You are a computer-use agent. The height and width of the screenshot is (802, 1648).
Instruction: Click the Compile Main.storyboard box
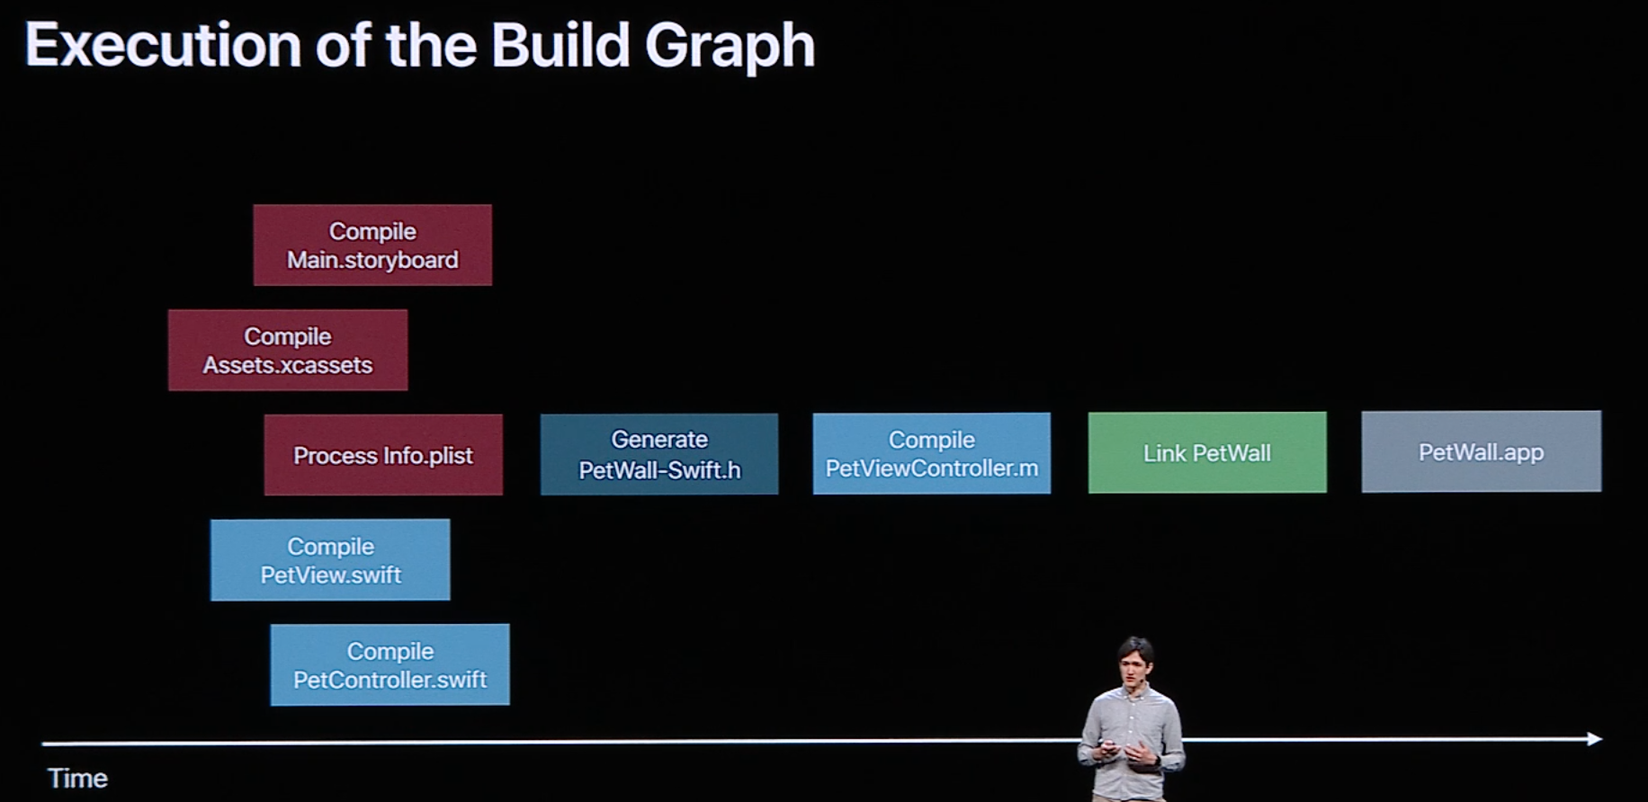tap(372, 245)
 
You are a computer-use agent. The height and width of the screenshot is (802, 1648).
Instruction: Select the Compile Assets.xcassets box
tap(288, 350)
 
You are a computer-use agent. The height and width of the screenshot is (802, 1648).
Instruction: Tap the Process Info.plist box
tap(383, 455)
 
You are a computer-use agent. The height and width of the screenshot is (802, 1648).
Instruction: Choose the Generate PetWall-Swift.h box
tap(659, 454)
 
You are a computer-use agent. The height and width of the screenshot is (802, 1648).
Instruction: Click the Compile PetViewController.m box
tap(932, 453)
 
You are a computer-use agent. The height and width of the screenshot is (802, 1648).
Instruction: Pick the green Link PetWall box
tap(1207, 452)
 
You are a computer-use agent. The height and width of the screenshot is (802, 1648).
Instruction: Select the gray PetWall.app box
tap(1481, 451)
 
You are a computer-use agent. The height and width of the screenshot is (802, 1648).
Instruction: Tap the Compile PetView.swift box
tap(330, 559)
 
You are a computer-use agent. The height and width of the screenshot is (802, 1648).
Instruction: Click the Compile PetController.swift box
tap(390, 664)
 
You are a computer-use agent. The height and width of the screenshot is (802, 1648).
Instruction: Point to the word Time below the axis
tap(77, 778)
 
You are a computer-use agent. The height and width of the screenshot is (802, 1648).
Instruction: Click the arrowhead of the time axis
tap(1595, 739)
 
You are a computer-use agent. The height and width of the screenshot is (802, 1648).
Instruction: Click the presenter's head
tap(1134, 662)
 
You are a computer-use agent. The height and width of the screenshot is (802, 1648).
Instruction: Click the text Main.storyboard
tap(372, 260)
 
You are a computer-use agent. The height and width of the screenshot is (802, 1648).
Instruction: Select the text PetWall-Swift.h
tap(659, 469)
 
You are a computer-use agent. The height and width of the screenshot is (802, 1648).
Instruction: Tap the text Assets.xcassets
tap(288, 365)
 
